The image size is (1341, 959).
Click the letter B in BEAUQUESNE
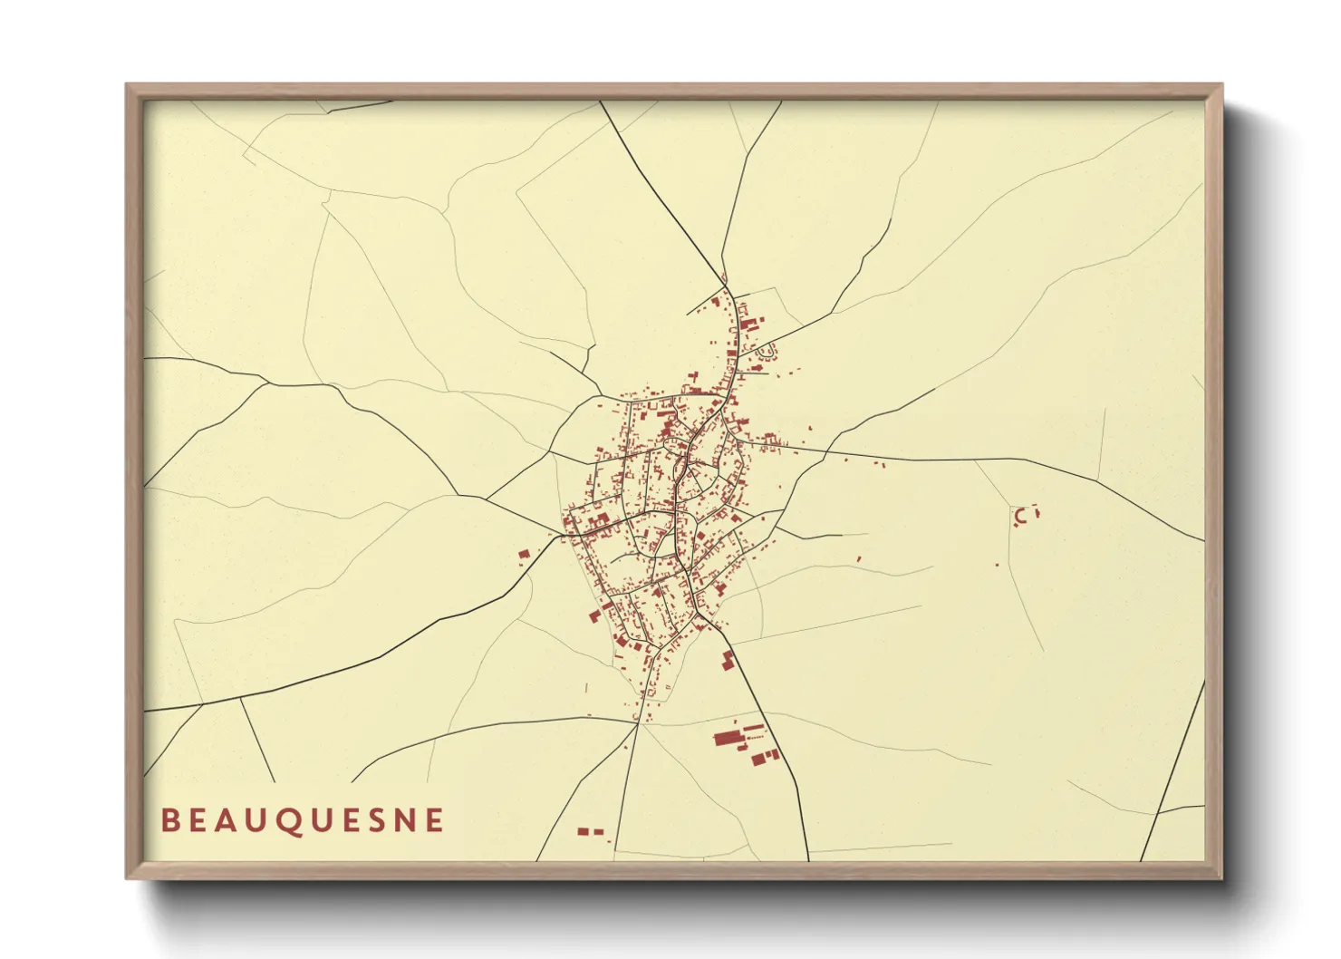(169, 820)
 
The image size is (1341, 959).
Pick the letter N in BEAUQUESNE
(404, 820)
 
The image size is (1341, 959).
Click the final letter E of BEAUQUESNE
(435, 820)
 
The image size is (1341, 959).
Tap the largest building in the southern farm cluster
(728, 739)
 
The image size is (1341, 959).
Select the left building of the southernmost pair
(584, 830)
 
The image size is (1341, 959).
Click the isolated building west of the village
(523, 553)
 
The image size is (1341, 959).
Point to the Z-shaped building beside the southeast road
(727, 660)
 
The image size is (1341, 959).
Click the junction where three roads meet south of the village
(638, 722)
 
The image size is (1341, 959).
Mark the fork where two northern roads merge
(725, 281)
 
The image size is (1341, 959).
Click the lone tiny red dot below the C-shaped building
(998, 565)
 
